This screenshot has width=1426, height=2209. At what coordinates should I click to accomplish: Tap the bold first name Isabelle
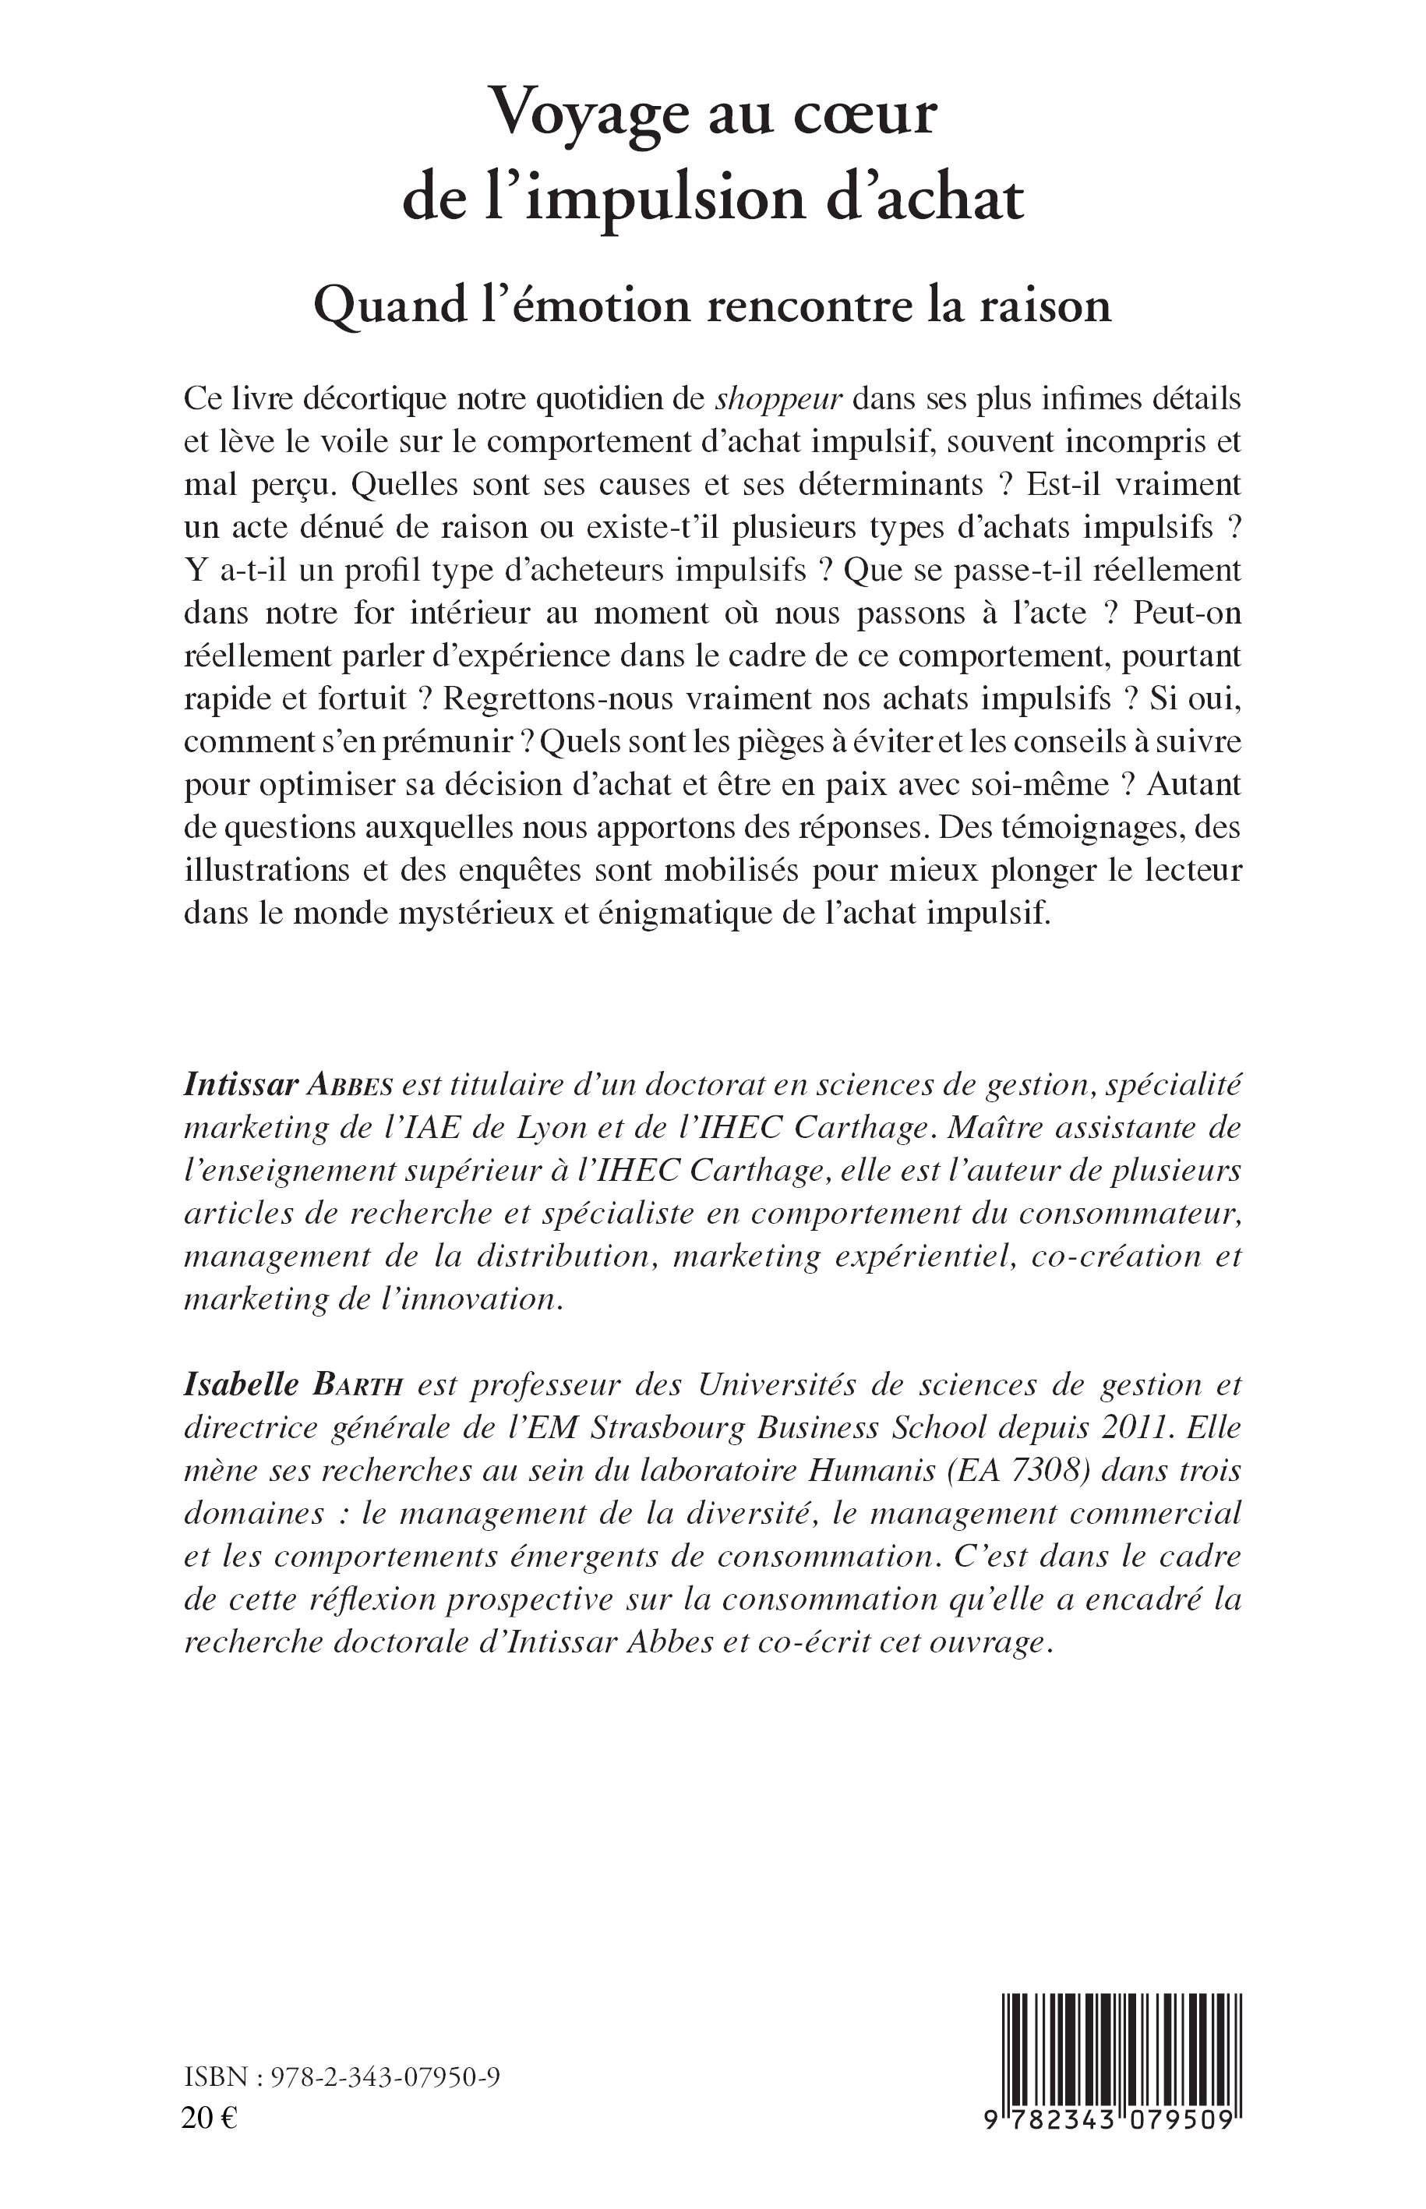coord(241,1384)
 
